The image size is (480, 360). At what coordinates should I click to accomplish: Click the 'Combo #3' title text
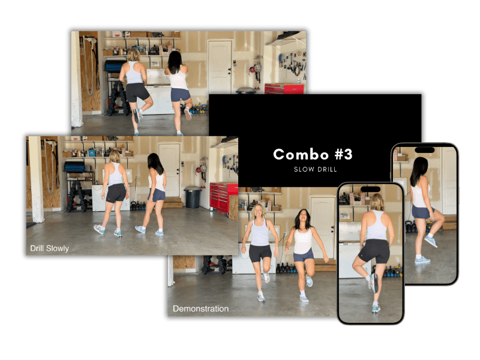pos(313,154)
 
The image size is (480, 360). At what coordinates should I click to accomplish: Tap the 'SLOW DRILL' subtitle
pos(316,169)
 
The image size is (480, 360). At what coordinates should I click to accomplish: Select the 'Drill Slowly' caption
pos(49,248)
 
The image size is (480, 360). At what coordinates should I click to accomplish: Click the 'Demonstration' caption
pos(200,308)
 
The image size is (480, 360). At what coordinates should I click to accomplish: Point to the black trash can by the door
pos(193,197)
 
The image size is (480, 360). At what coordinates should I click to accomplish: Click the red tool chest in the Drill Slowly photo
pos(223,197)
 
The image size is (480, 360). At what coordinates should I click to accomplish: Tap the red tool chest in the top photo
pos(284,89)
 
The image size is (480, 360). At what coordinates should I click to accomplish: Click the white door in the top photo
pos(220,67)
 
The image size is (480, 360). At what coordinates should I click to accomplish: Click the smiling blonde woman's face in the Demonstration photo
pos(259,211)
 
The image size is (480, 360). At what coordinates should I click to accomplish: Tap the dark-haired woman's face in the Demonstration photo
pos(302,217)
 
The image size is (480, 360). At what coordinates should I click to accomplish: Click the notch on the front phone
pos(370,189)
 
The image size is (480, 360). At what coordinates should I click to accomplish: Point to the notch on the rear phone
pos(425,150)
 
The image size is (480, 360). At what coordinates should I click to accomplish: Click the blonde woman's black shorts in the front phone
pos(374,250)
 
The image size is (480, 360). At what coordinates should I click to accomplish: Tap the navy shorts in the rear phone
pos(422,212)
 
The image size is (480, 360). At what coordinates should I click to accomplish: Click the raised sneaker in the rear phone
pos(431,241)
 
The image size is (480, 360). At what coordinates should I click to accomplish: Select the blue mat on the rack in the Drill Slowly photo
pos(74,167)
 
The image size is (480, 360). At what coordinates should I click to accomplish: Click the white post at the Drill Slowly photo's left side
pos(37,179)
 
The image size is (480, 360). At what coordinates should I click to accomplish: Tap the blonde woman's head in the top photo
pos(134,55)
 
